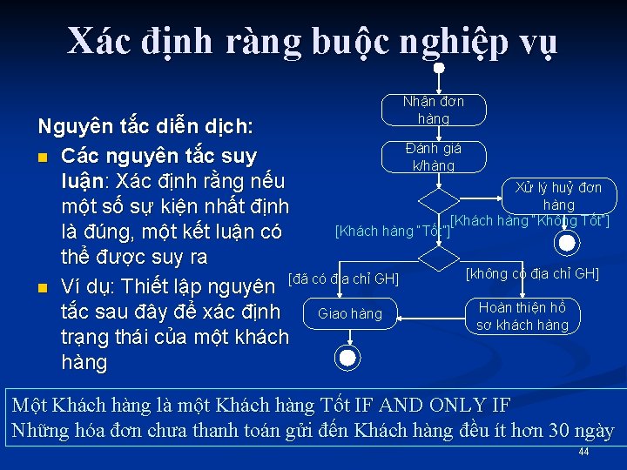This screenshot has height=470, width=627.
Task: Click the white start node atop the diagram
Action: pyautogui.click(x=440, y=67)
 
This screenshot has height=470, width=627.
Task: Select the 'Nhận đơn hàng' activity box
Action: pyautogui.click(x=434, y=110)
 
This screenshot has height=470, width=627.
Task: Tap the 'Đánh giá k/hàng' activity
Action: pyautogui.click(x=434, y=157)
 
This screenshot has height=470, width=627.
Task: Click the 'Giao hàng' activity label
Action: pyautogui.click(x=350, y=313)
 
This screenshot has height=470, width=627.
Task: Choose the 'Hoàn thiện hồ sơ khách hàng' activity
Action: pyautogui.click(x=522, y=316)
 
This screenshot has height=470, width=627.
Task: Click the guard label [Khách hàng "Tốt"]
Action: pyautogui.click(x=393, y=232)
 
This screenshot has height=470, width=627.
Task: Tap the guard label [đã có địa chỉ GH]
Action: pyautogui.click(x=343, y=279)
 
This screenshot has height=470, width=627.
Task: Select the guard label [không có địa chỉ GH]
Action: pyautogui.click(x=532, y=273)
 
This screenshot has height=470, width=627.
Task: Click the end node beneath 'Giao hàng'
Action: pyautogui.click(x=347, y=357)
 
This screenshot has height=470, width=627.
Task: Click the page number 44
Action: pyautogui.click(x=583, y=453)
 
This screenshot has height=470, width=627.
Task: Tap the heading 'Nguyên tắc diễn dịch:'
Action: pyautogui.click(x=145, y=127)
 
